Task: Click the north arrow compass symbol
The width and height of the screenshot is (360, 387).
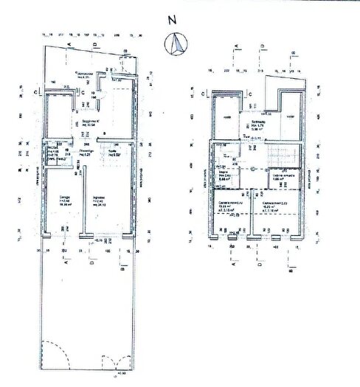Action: click(176, 46)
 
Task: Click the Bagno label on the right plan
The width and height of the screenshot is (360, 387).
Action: click(228, 174)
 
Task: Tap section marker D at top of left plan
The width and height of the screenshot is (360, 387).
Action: click(95, 46)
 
